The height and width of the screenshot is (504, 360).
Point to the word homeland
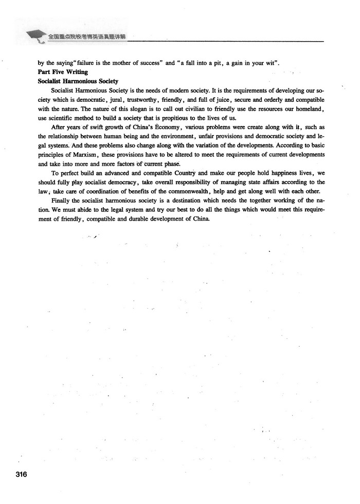click(x=309, y=109)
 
